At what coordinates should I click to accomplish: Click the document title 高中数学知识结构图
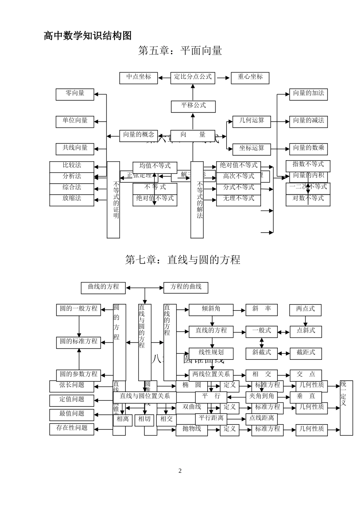click(88, 36)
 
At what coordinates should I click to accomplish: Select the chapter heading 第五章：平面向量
click(180, 51)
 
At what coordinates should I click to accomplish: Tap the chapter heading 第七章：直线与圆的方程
click(183, 260)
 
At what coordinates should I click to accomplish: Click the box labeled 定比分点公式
click(193, 77)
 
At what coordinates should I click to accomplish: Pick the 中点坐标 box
click(138, 77)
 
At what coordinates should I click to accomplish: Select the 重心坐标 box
click(250, 77)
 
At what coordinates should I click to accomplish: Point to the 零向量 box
click(75, 94)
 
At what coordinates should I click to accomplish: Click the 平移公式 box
click(193, 106)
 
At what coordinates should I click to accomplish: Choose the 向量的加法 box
click(308, 94)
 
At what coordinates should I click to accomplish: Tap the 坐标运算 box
click(252, 148)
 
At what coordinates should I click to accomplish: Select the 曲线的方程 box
click(103, 287)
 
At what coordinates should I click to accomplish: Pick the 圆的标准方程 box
click(78, 342)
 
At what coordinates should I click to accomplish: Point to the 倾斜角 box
click(211, 309)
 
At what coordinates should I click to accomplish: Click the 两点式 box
click(305, 309)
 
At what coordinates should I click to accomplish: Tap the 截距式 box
click(305, 353)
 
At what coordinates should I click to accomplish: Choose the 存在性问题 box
click(72, 429)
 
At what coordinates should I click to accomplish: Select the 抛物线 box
click(192, 429)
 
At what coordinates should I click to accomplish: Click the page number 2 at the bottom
click(180, 471)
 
